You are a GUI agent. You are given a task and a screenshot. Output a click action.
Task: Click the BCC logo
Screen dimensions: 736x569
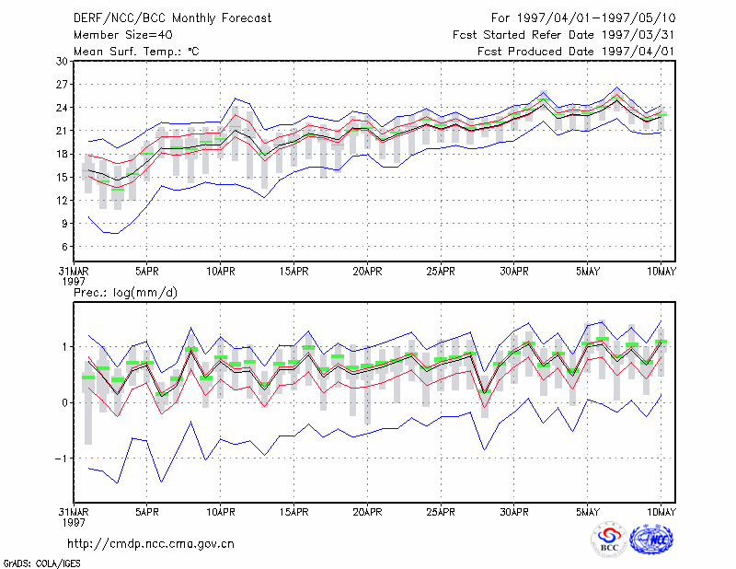coord(609,540)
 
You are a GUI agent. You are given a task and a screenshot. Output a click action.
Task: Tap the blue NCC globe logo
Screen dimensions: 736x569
coord(651,540)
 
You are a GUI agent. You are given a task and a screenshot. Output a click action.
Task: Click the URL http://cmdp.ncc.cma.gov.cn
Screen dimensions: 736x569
coord(151,544)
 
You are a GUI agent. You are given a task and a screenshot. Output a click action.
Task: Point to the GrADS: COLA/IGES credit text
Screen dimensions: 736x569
coord(41,563)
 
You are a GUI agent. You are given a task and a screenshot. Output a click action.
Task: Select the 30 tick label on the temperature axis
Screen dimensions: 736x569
coord(62,62)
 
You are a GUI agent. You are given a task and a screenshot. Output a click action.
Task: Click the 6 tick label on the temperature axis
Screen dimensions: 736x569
coord(64,247)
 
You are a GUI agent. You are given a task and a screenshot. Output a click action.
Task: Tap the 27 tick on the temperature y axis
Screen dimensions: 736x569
coord(62,85)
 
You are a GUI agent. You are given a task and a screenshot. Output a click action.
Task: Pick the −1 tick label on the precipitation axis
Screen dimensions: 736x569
coord(61,459)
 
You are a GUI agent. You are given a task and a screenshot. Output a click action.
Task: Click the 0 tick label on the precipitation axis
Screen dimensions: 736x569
coord(65,402)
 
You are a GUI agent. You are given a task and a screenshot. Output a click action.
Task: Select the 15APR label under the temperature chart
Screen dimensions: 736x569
coord(293,272)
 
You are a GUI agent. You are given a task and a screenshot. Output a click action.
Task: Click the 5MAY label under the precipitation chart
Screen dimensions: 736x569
coord(588,512)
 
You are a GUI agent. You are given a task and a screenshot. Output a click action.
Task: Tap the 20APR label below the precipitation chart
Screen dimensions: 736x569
coord(367,512)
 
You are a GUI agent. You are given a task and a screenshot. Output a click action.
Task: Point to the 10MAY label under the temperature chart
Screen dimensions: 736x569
coord(661,272)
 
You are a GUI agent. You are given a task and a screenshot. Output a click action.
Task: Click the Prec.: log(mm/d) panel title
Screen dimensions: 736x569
coord(125,293)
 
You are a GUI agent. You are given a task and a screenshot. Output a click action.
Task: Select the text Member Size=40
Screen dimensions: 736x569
coord(123,35)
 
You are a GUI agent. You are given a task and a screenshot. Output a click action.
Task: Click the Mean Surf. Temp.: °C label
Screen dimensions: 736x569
coord(136,52)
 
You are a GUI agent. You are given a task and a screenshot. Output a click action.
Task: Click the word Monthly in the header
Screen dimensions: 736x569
coord(194,18)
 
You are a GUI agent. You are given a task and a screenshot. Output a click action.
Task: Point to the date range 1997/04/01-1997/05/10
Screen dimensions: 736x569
coord(596,18)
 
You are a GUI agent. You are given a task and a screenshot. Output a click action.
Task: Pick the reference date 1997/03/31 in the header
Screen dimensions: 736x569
coord(638,35)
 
